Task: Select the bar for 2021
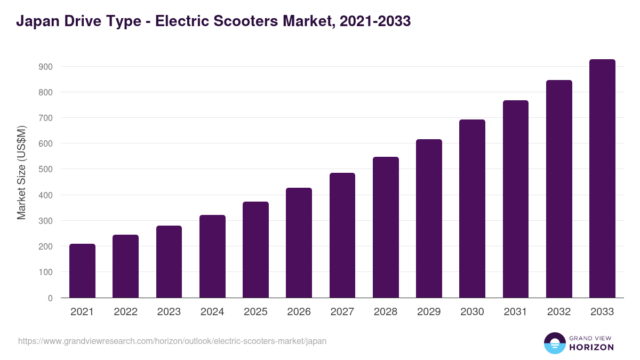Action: click(x=82, y=271)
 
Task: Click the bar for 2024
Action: click(x=212, y=257)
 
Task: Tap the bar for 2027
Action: click(x=342, y=235)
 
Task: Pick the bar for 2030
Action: click(x=473, y=209)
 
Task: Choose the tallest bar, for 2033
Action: click(x=602, y=179)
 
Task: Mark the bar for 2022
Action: click(x=125, y=266)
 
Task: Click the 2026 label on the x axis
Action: click(x=299, y=312)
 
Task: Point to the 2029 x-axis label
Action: click(x=429, y=312)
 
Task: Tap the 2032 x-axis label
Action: click(x=559, y=312)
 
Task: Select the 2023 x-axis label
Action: click(x=169, y=312)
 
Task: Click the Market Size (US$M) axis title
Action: click(x=21, y=172)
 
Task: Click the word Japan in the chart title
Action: click(x=36, y=21)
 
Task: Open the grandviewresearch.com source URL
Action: click(x=172, y=341)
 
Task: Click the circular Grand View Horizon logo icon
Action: click(x=554, y=343)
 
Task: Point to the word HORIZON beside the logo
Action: click(x=591, y=347)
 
